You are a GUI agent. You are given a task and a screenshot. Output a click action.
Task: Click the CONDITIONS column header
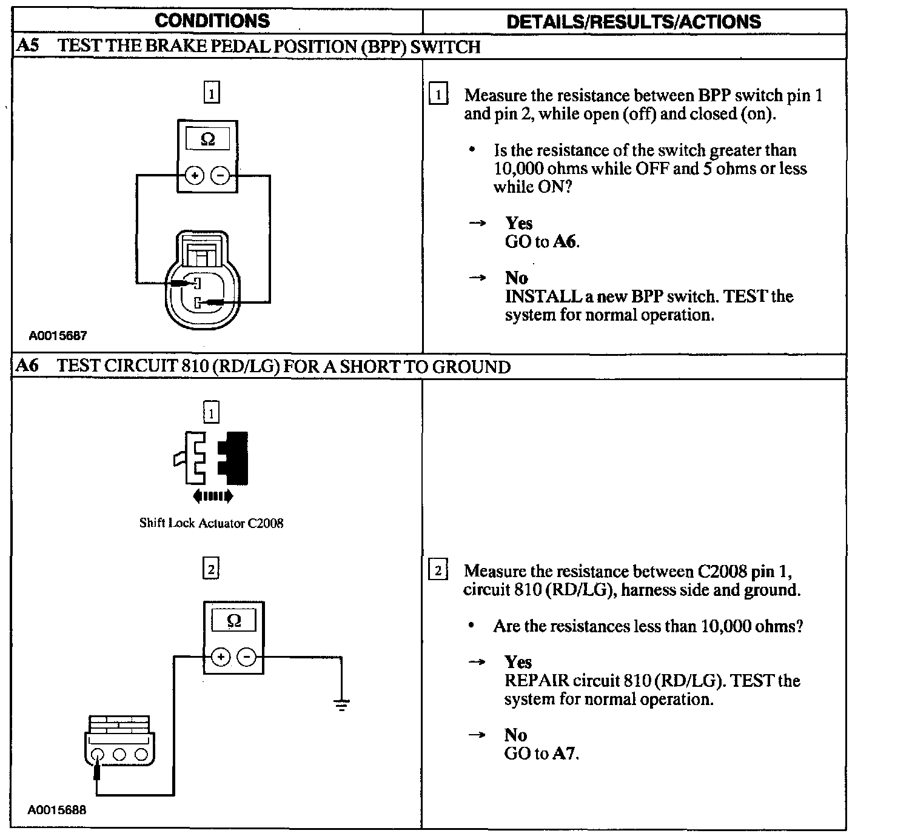[212, 21]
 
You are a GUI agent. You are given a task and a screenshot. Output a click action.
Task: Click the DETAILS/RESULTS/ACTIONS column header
[633, 22]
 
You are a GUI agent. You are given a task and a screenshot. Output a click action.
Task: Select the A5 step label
[28, 47]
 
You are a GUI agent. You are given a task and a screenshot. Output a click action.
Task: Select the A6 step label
[28, 366]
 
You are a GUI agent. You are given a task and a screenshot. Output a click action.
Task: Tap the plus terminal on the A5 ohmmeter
[195, 176]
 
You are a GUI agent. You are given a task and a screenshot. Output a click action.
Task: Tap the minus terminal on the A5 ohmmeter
[220, 176]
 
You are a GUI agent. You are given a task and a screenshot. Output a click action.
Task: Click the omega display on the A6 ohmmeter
[233, 620]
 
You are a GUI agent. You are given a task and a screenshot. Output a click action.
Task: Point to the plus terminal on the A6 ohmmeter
[221, 657]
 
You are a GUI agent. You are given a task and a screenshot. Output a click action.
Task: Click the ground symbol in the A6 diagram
[342, 704]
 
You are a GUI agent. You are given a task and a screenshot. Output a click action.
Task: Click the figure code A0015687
[58, 335]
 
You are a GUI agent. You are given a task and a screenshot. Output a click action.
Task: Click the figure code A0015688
[58, 810]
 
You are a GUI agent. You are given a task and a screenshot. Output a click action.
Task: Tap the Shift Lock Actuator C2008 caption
[212, 523]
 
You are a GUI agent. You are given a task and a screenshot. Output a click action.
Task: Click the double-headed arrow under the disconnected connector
[212, 496]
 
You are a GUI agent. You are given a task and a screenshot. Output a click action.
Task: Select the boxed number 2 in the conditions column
[210, 569]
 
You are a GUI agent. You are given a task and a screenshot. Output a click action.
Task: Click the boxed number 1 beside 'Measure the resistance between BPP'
[438, 95]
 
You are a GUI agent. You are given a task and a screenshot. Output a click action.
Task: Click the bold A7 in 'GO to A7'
[565, 754]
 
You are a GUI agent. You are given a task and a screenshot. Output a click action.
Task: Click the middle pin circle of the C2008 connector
[119, 754]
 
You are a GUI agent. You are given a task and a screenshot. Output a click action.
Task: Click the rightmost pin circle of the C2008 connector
[141, 754]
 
